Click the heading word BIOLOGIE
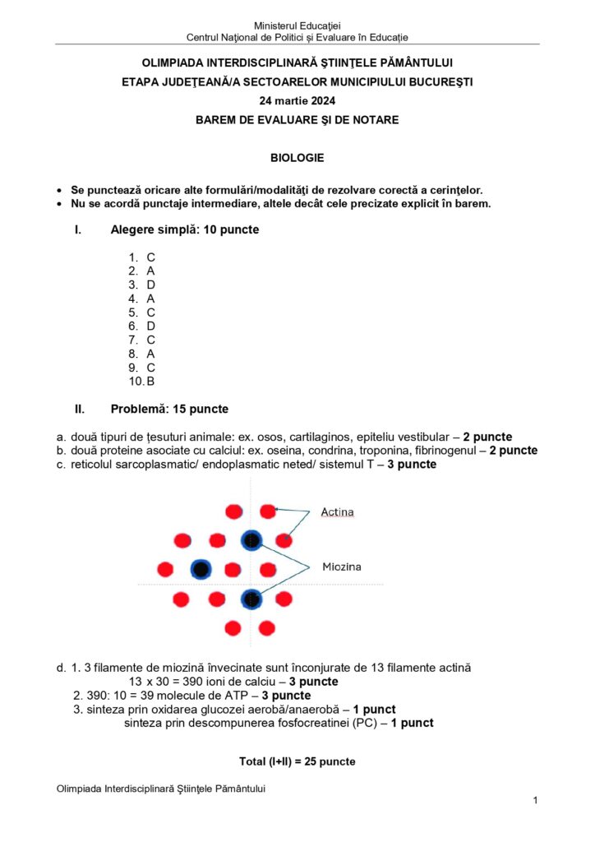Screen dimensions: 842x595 pos(297,157)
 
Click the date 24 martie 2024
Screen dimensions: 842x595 pos(297,100)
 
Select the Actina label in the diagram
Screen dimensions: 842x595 pos(337,512)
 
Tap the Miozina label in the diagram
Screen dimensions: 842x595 pos(341,567)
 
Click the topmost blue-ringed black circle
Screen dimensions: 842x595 pos(251,540)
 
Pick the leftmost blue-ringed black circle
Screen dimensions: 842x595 pos(201,569)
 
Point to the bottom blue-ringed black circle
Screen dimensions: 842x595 pos(251,598)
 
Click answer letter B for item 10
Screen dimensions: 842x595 pos(151,382)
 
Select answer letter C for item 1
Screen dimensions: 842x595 pos(151,257)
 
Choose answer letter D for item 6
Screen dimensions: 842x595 pos(151,326)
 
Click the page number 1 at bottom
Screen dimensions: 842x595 pos(535,800)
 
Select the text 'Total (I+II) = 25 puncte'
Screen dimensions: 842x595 pos(297,761)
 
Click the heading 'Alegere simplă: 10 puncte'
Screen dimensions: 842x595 pos(185,229)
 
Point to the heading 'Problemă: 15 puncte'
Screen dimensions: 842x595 pos(169,409)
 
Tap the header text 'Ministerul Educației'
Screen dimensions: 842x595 pos(297,26)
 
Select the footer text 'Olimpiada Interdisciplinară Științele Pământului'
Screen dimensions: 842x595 pos(161,789)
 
